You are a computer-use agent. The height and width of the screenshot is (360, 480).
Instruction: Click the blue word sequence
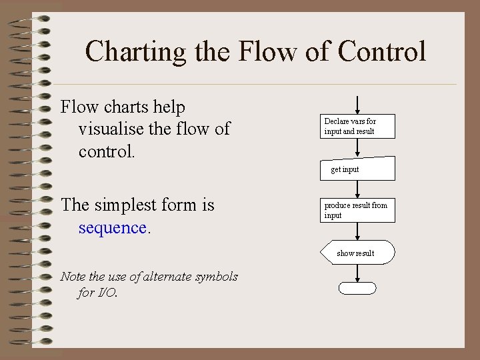tap(113, 227)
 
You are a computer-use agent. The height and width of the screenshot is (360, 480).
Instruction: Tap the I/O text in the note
tap(105, 292)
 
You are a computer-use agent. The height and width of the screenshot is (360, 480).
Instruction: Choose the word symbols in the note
tap(216, 276)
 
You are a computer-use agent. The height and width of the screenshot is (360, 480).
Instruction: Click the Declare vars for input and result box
tap(358, 126)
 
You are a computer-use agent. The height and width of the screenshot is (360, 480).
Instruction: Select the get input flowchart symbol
tap(358, 169)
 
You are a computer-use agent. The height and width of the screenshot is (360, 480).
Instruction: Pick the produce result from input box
tap(358, 210)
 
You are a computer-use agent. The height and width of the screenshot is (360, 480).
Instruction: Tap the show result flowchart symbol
tap(358, 253)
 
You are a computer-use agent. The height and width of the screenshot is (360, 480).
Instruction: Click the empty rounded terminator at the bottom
tap(358, 288)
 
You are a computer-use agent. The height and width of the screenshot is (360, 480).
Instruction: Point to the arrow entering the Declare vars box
tap(358, 105)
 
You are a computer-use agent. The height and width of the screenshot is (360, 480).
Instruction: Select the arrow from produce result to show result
tap(358, 231)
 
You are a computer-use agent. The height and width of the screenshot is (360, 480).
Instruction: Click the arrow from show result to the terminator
tap(358, 273)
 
